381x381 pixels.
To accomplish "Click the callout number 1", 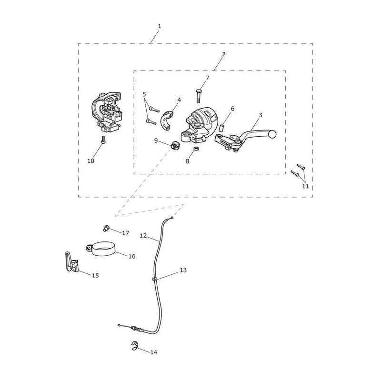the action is pos(160,26).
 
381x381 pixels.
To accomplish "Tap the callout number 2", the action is pos(224,54).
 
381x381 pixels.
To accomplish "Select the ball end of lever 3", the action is pos(272,134).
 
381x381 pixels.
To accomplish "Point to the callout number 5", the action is pos(145,94).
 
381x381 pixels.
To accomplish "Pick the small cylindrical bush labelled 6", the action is pos(221,128).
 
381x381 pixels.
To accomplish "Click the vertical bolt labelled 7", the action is pos(199,96).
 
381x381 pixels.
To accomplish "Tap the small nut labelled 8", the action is pos(196,149).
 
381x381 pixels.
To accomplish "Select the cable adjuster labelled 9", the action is pos(175,145).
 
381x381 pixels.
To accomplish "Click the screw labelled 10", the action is pos(103,140).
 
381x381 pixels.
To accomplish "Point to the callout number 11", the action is pos(305,186).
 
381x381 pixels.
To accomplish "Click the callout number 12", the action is pos(143,235).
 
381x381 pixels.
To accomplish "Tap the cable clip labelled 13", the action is pos(154,280).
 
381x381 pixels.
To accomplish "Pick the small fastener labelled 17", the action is pos(106,228).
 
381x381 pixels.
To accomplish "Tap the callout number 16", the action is pos(132,256).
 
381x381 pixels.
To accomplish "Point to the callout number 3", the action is pos(260,115).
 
